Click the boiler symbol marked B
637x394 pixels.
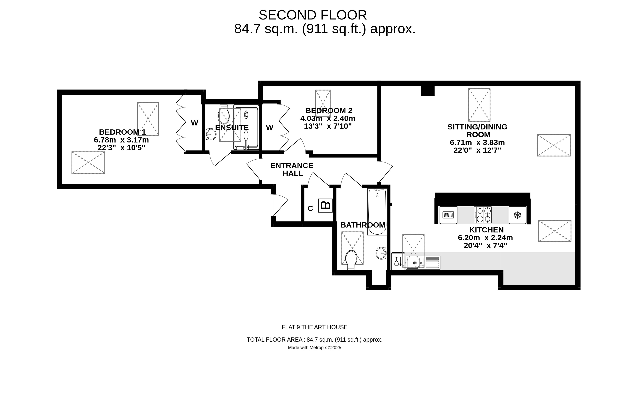(325, 205)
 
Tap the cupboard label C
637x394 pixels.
(310, 209)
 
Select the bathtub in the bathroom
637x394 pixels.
(377, 212)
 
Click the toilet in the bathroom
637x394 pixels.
(351, 259)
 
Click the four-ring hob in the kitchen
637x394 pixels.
(483, 215)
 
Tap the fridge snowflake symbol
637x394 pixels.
(517, 215)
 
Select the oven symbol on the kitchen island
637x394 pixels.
(448, 215)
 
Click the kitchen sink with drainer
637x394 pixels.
(422, 263)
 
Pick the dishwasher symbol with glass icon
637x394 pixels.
(398, 261)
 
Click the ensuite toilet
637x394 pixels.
(223, 115)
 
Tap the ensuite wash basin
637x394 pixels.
(211, 134)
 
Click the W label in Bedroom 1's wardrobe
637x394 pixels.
(195, 123)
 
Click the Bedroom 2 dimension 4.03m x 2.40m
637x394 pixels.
(328, 118)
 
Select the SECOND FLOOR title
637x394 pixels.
(313, 15)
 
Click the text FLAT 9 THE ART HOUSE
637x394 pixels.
(314, 327)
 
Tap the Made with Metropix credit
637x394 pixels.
(314, 348)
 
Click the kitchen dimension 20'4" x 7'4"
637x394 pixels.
(485, 245)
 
